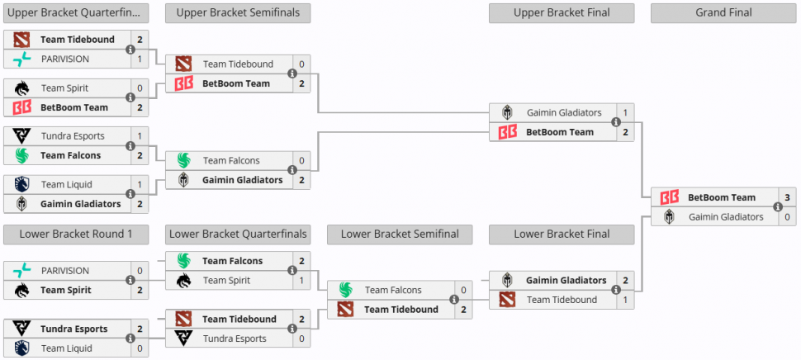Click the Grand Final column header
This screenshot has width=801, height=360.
point(723,12)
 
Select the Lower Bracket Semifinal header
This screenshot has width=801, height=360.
point(400,234)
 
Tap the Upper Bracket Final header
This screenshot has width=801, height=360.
point(562,12)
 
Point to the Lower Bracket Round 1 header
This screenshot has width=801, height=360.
point(76,234)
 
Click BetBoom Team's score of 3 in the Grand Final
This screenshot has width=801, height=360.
point(787,197)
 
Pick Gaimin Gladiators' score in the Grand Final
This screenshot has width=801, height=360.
point(787,216)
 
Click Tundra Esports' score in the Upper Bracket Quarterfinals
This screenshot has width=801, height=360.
point(140,136)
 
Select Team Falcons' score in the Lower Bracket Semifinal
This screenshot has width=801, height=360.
point(463,290)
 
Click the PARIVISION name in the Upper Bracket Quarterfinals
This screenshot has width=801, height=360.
point(65,59)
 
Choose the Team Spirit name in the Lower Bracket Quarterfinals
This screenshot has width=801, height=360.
point(227,281)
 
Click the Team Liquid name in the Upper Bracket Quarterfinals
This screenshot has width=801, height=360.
point(66,184)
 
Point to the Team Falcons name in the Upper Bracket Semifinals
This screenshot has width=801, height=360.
point(231,160)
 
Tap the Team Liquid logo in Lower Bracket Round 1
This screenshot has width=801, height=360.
point(21,348)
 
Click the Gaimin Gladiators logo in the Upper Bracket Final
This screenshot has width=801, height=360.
point(507,112)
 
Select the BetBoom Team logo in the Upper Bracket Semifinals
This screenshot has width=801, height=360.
point(184,83)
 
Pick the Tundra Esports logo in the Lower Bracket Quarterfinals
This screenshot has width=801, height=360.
point(183,338)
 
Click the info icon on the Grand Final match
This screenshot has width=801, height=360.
point(778,206)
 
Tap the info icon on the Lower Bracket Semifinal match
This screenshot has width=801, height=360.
point(453,300)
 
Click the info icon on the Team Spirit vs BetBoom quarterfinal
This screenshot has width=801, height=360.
point(130,97)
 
